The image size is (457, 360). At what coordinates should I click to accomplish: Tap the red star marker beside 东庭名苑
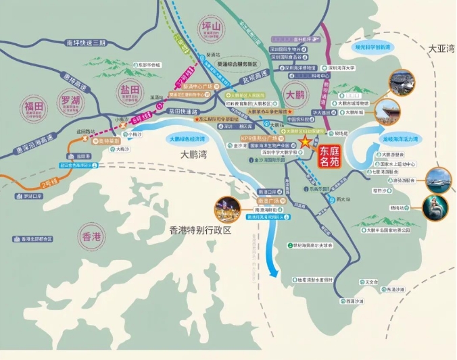click(x=306, y=143)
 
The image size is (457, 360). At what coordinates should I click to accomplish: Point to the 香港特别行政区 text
click(x=200, y=230)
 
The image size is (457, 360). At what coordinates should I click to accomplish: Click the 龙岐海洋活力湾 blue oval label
click(x=401, y=140)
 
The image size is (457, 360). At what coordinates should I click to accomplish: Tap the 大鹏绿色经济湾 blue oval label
click(x=188, y=138)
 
